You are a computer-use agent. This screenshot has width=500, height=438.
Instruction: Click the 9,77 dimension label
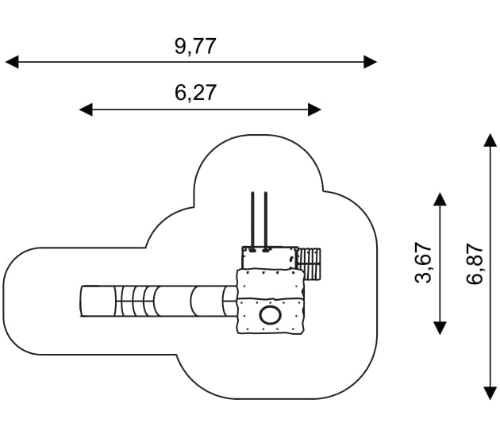195,47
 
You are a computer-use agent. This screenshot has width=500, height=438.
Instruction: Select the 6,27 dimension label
195,93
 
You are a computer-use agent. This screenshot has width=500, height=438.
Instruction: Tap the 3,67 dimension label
424,263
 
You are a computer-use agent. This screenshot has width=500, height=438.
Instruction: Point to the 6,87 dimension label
475,263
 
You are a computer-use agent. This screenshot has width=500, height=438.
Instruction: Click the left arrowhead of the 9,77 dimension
12,62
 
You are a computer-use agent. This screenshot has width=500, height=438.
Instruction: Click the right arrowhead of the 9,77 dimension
371,62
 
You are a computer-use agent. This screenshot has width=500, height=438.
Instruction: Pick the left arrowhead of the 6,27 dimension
86,109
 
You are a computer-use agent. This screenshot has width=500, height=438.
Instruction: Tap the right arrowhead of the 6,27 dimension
314,109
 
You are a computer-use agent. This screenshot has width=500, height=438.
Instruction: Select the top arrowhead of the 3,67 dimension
440,199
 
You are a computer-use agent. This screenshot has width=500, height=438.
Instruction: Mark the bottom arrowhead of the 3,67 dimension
440,328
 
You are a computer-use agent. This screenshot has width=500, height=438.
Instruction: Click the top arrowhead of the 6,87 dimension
490,140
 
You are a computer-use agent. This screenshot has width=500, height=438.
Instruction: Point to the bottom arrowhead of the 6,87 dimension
490,393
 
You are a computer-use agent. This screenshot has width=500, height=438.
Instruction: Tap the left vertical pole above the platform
252,221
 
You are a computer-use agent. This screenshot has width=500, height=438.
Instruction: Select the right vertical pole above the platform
266,221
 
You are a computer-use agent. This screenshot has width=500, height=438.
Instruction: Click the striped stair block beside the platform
309,264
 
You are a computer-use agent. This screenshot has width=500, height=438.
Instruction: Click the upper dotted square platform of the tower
270,284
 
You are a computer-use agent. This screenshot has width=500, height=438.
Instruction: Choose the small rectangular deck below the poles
270,258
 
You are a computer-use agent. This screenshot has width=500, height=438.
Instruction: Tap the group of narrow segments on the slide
136,302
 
